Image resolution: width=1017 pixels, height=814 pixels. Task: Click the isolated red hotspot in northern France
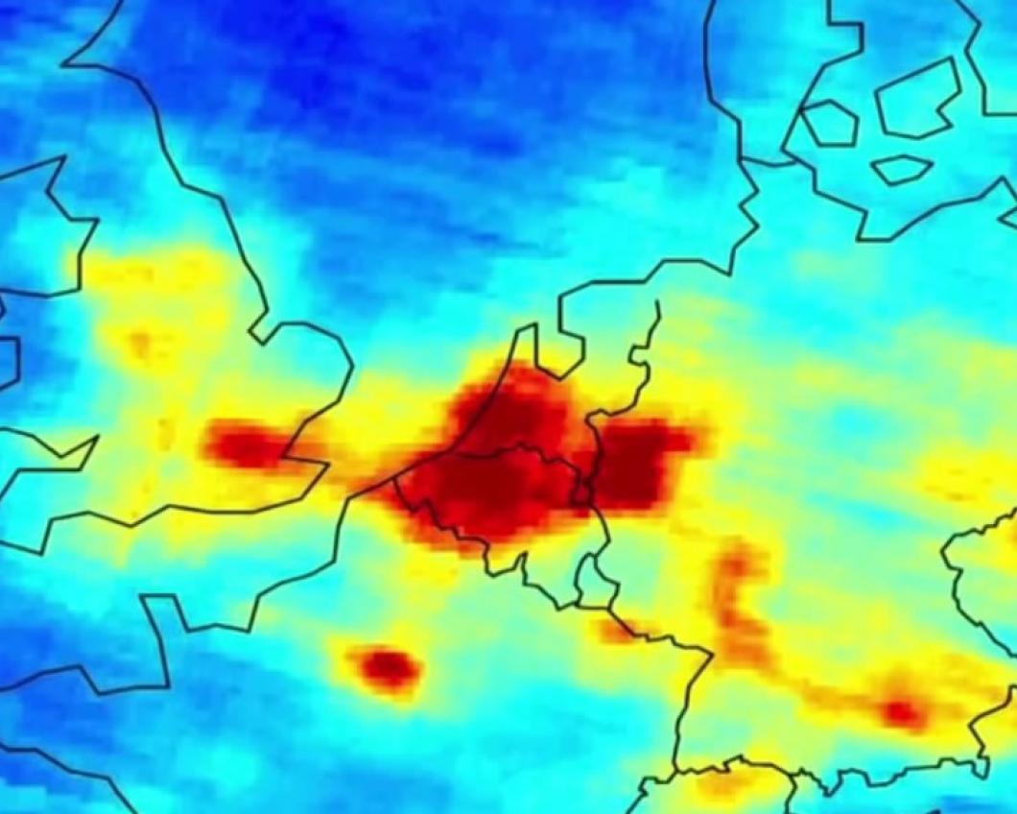(387, 666)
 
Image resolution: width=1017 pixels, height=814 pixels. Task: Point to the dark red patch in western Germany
(641, 466)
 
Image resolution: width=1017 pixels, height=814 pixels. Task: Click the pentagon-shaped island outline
(829, 123)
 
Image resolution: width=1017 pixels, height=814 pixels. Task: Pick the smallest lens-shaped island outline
(901, 170)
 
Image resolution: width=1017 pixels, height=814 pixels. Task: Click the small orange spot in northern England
(141, 341)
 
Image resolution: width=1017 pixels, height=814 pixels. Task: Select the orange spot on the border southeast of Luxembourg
(614, 630)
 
